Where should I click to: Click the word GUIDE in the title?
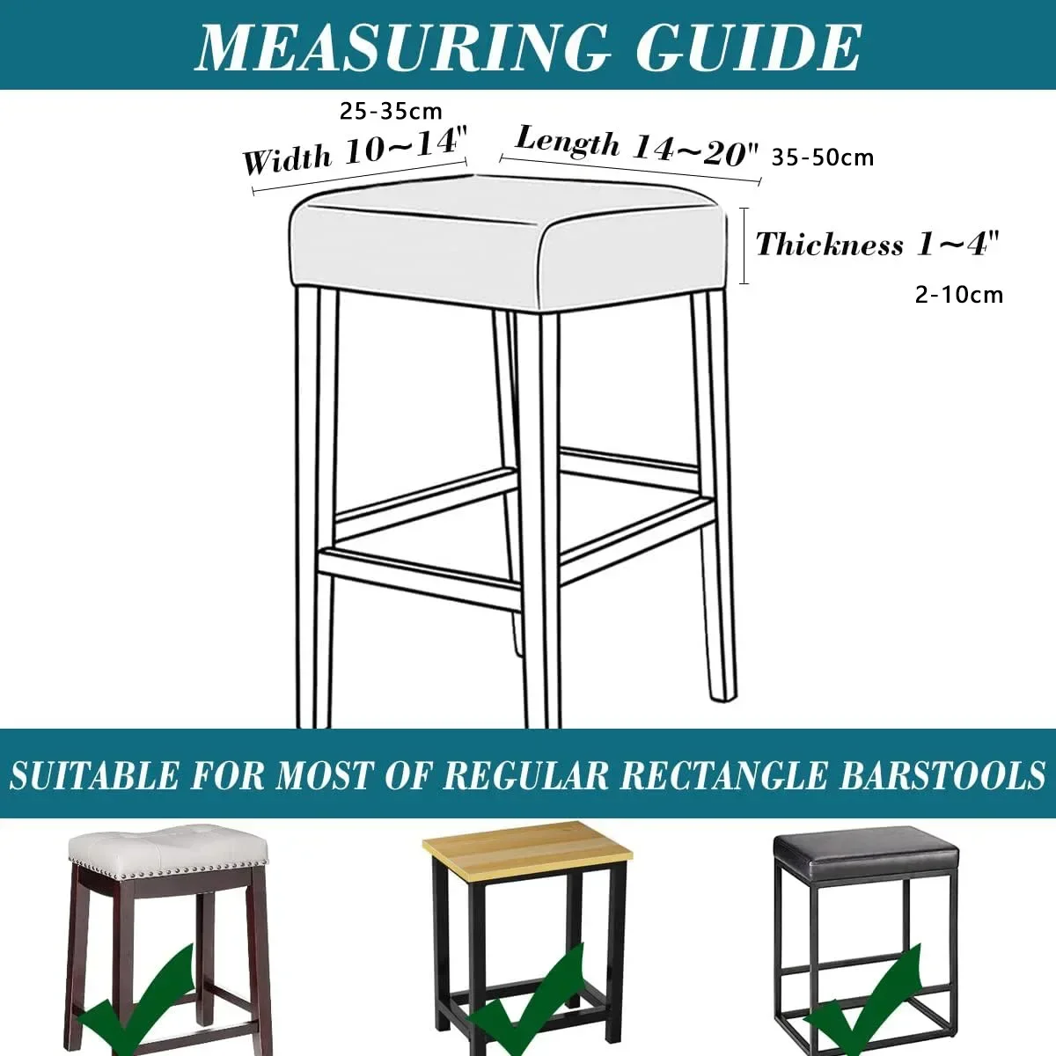pos(749,48)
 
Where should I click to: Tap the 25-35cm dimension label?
pos(391,111)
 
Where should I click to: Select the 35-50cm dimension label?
pos(823,158)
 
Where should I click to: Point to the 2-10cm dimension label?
pos(959,296)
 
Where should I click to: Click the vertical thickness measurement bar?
pos(744,246)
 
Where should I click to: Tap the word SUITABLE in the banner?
pos(93,775)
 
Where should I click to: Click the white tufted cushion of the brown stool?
pos(168,849)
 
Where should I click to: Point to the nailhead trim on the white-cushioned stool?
pos(168,869)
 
